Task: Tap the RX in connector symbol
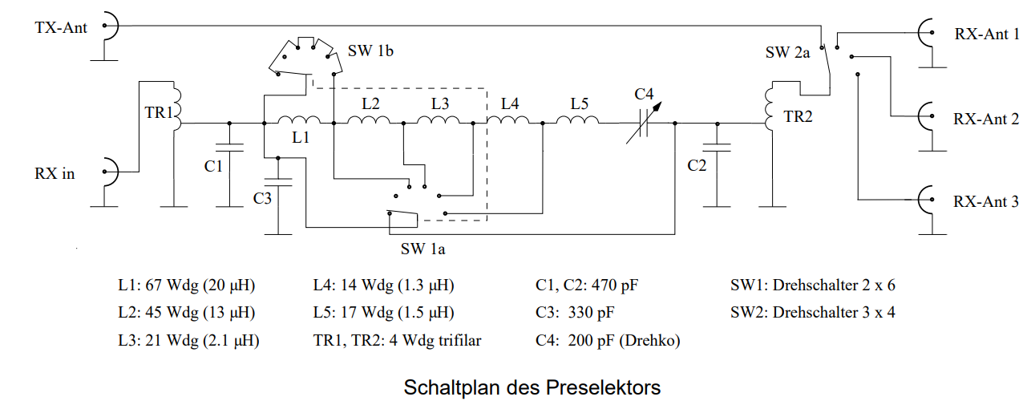tap(109, 172)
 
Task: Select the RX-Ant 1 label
tap(987, 34)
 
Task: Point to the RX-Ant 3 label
tap(987, 201)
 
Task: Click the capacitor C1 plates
tap(229, 148)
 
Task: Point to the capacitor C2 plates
tap(717, 148)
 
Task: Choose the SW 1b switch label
tap(370, 52)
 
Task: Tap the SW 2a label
tap(788, 53)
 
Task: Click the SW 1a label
tap(423, 249)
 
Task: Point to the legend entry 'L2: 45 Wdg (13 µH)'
tap(185, 312)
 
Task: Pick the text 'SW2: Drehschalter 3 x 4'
tap(812, 312)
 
